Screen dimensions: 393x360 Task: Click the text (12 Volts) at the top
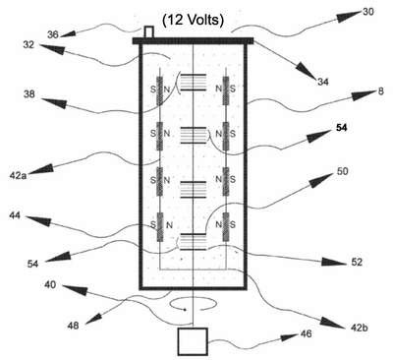(194, 21)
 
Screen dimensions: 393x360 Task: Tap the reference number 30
(368, 12)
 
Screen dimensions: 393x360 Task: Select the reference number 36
(53, 34)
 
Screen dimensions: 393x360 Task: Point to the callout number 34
(323, 82)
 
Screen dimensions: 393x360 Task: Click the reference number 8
(380, 90)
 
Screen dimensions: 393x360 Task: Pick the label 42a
(18, 176)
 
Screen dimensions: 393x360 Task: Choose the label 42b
(359, 328)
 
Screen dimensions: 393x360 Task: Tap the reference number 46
(306, 334)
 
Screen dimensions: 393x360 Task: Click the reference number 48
(73, 326)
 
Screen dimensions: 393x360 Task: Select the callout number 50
(342, 171)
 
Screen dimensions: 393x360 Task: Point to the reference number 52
(357, 262)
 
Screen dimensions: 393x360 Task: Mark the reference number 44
(15, 215)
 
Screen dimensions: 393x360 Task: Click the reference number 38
(29, 94)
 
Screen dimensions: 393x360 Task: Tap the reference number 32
(28, 44)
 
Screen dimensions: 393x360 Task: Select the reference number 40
(50, 285)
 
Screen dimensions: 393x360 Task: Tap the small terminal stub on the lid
(149, 32)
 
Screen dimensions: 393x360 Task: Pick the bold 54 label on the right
(341, 128)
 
